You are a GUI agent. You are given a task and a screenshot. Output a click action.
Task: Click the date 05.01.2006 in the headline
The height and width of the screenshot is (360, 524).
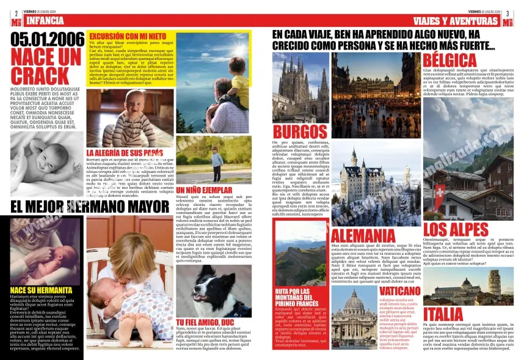click(x=48, y=40)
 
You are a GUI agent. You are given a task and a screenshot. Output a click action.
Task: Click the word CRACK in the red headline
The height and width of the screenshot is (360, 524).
click(x=40, y=76)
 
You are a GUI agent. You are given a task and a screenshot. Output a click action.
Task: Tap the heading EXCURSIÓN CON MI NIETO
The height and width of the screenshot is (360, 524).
click(x=128, y=36)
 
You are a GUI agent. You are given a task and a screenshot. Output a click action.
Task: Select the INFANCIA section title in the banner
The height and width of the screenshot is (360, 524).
click(x=45, y=21)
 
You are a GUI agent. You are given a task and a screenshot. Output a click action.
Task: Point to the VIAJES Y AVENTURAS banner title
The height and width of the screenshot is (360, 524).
click(x=456, y=21)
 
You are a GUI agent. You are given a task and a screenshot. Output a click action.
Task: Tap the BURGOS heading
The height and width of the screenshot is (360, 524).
click(x=300, y=131)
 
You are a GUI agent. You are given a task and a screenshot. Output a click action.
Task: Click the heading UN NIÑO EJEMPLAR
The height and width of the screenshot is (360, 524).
click(x=205, y=190)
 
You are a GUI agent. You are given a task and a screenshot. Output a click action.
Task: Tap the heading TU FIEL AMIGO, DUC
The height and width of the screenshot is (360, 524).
click(x=205, y=321)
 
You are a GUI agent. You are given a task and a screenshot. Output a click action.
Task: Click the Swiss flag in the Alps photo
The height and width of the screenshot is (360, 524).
click(x=439, y=194)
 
